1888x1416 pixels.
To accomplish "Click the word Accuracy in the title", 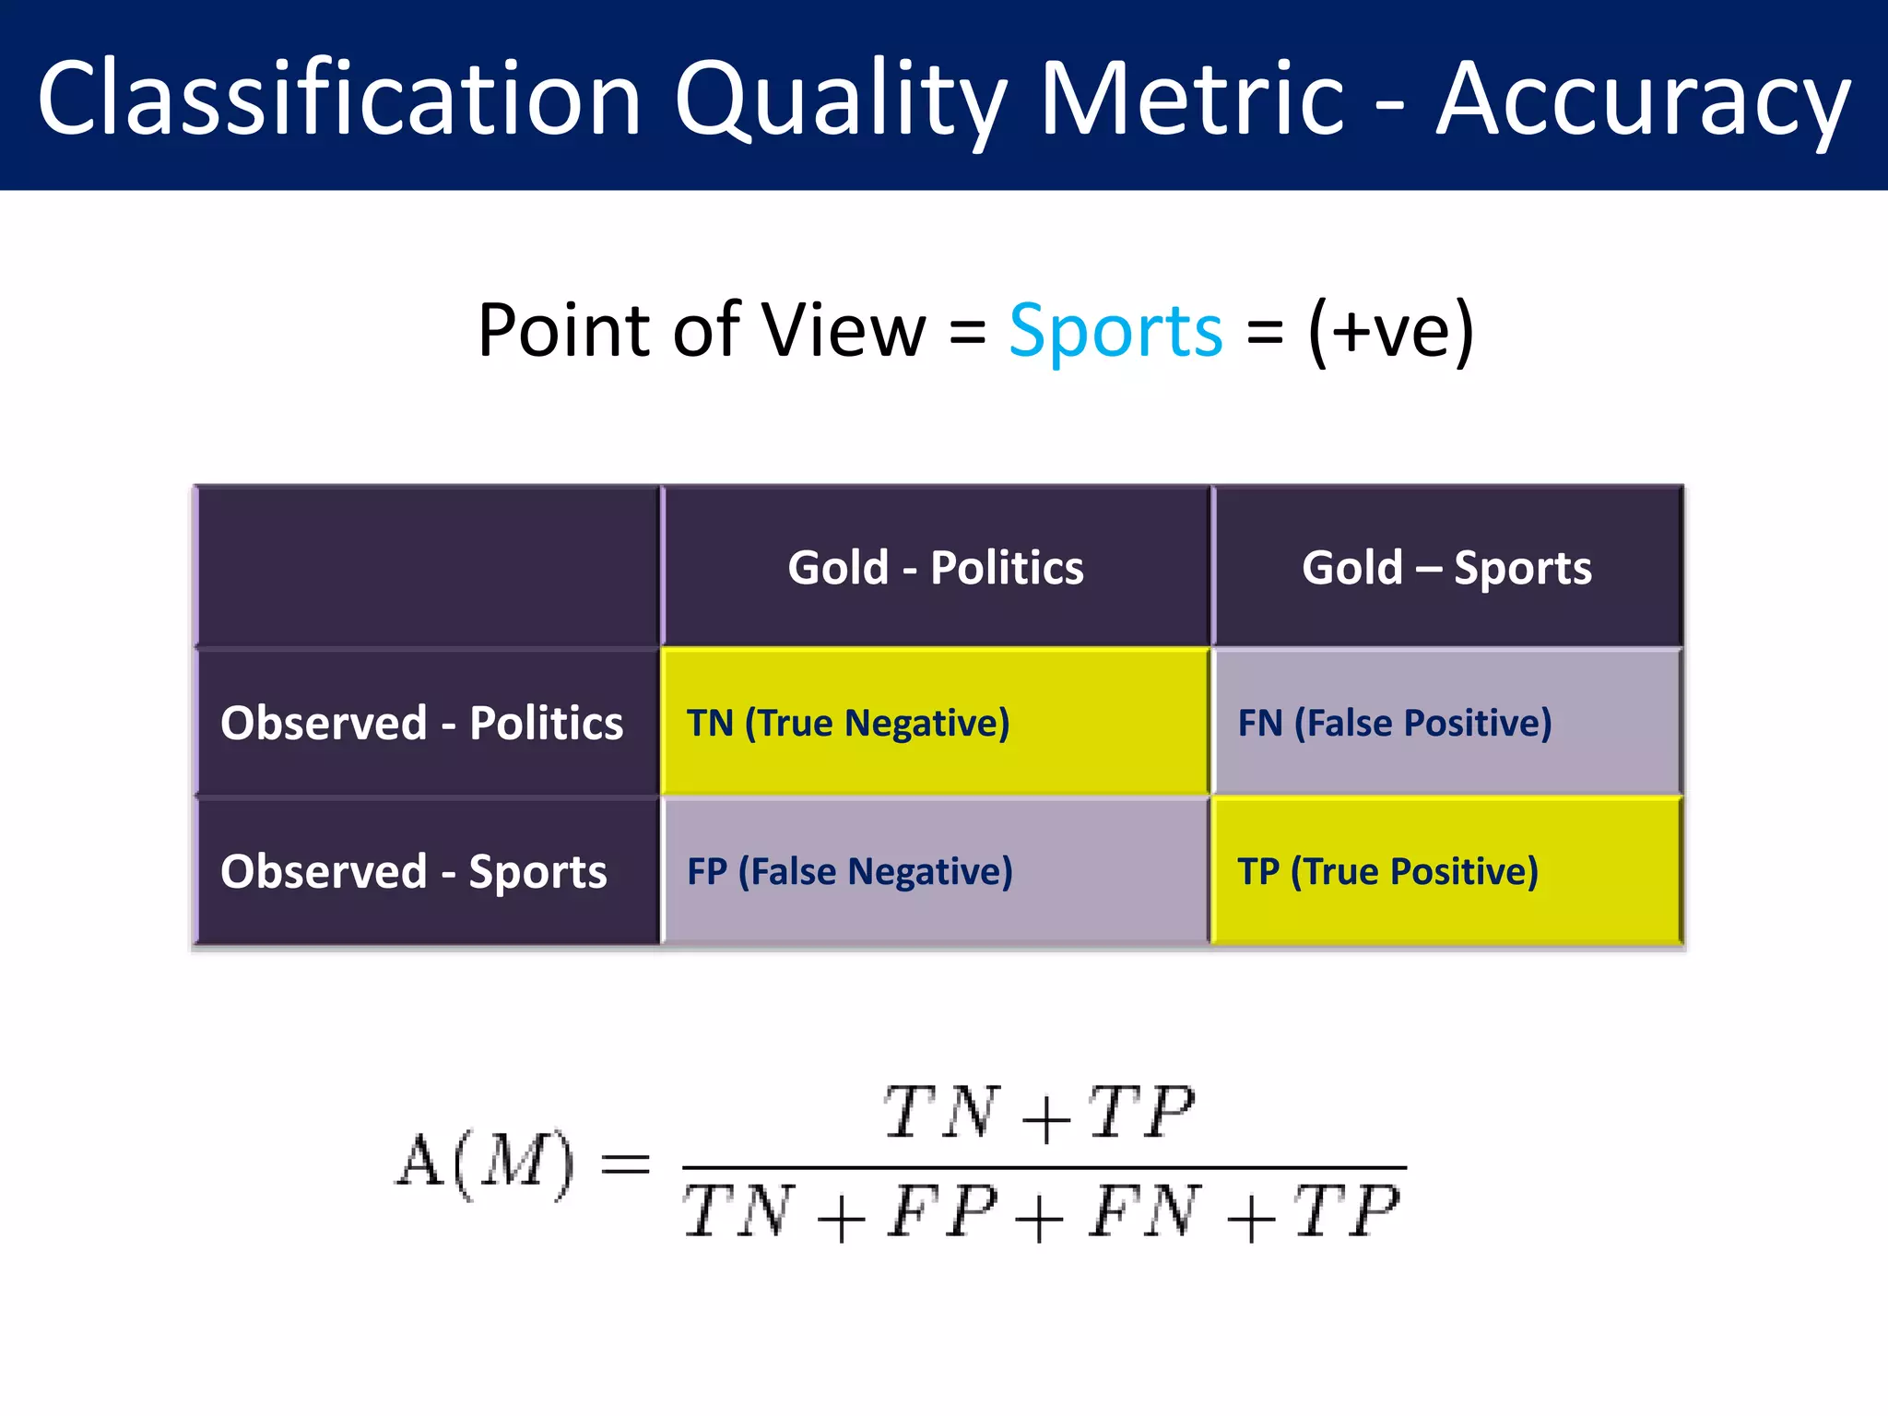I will pyautogui.click(x=1643, y=100).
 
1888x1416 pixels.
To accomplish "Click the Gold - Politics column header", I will pyautogui.click(x=935, y=567).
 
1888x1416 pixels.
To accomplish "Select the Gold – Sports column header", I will pyautogui.click(x=1446, y=567).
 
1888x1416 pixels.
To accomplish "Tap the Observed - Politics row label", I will pyautogui.click(x=421, y=723).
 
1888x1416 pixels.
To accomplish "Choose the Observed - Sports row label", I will pyautogui.click(x=413, y=871).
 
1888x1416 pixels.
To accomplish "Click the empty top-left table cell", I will pyautogui.click(x=427, y=566).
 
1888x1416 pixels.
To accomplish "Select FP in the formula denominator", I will pyautogui.click(x=942, y=1212).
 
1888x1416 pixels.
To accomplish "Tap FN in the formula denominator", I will pyautogui.click(x=1144, y=1212).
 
